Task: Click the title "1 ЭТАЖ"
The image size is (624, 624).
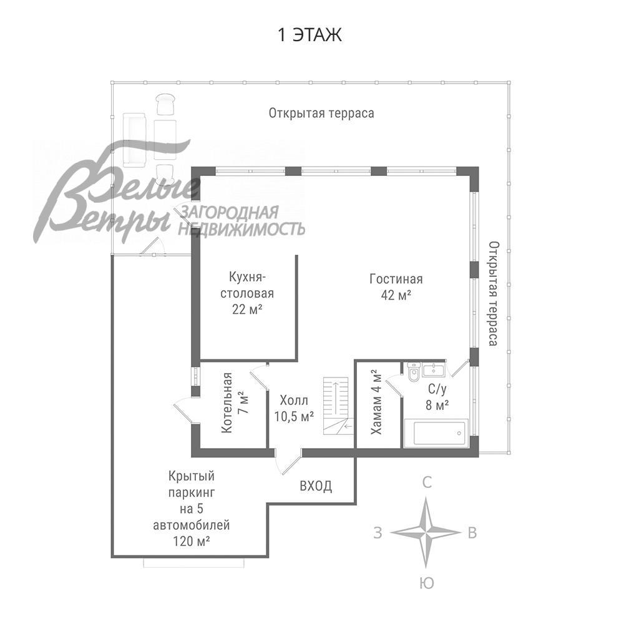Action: coord(310,35)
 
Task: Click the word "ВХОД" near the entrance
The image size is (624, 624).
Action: coord(316,486)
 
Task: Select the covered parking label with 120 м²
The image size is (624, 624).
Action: coord(191,509)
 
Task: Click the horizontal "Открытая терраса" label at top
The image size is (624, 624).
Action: coord(321,113)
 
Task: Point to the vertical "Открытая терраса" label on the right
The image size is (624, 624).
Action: coord(493,293)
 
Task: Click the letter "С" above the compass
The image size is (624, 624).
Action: coord(427,482)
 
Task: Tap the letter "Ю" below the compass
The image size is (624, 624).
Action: coord(427,583)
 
